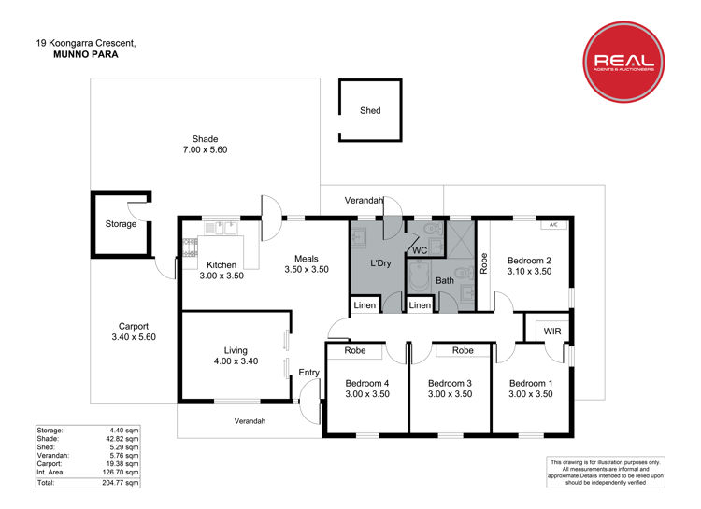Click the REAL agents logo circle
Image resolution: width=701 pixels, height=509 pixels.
tap(623, 62)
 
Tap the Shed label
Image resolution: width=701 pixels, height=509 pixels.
tap(370, 110)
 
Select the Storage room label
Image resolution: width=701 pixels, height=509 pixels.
tap(121, 224)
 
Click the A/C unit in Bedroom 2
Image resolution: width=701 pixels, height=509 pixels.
tap(553, 225)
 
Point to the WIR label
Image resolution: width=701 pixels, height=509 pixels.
tap(552, 332)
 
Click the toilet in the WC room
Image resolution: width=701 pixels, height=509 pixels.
tap(433, 229)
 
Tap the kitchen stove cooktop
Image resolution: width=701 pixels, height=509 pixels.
tap(190, 248)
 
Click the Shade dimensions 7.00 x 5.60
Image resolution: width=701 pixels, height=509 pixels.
tap(206, 149)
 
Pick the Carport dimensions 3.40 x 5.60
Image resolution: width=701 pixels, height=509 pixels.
tap(134, 337)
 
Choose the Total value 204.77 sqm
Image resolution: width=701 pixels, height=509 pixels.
tap(121, 483)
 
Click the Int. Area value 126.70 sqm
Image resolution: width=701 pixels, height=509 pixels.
tap(121, 472)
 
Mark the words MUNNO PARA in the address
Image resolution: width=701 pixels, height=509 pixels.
tap(86, 54)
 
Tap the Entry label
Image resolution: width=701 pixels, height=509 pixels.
tap(309, 373)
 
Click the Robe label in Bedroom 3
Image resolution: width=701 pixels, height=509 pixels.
tap(463, 350)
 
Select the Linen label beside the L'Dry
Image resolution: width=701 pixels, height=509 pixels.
tap(365, 305)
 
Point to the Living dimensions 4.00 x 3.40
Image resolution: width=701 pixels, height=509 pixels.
tap(236, 361)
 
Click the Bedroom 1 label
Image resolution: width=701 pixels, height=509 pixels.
tap(531, 383)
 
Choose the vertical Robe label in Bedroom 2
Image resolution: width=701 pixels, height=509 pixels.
tap(483, 263)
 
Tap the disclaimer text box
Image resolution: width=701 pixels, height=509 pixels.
tap(606, 472)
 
